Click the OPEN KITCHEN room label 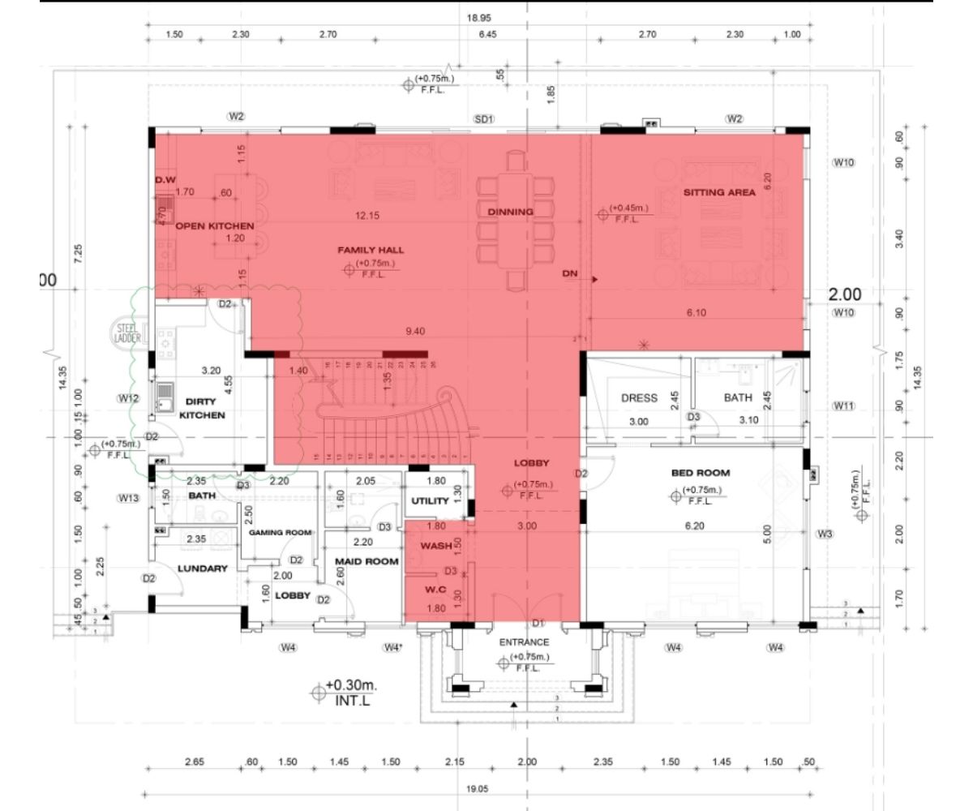[215, 225]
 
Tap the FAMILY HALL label [371, 251]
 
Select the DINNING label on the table [511, 212]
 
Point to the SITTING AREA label [719, 192]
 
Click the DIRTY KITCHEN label [202, 408]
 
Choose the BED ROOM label [701, 473]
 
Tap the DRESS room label [639, 398]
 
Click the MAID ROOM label [366, 561]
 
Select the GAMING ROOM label [281, 533]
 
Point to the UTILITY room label [430, 501]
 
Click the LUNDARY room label [203, 569]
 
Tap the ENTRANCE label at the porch [524, 642]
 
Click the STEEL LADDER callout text [128, 333]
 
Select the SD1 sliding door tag [484, 119]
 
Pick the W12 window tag [129, 398]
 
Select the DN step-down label [570, 275]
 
